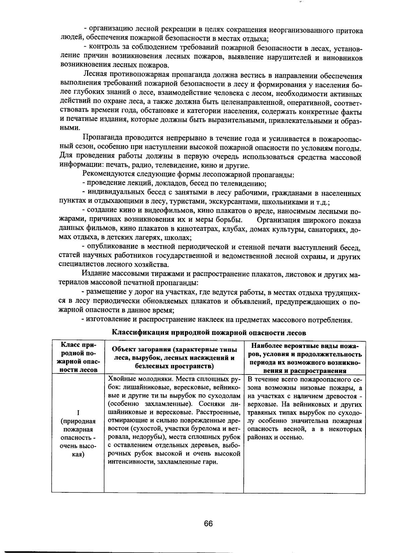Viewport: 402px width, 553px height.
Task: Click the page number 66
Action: (x=208, y=523)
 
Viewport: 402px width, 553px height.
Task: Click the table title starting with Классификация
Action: (x=208, y=333)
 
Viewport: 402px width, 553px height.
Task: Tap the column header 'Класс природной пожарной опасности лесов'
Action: (x=78, y=357)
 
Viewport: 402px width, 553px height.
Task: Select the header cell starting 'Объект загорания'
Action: (x=174, y=357)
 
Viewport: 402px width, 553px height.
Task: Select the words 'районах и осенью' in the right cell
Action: (x=275, y=437)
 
